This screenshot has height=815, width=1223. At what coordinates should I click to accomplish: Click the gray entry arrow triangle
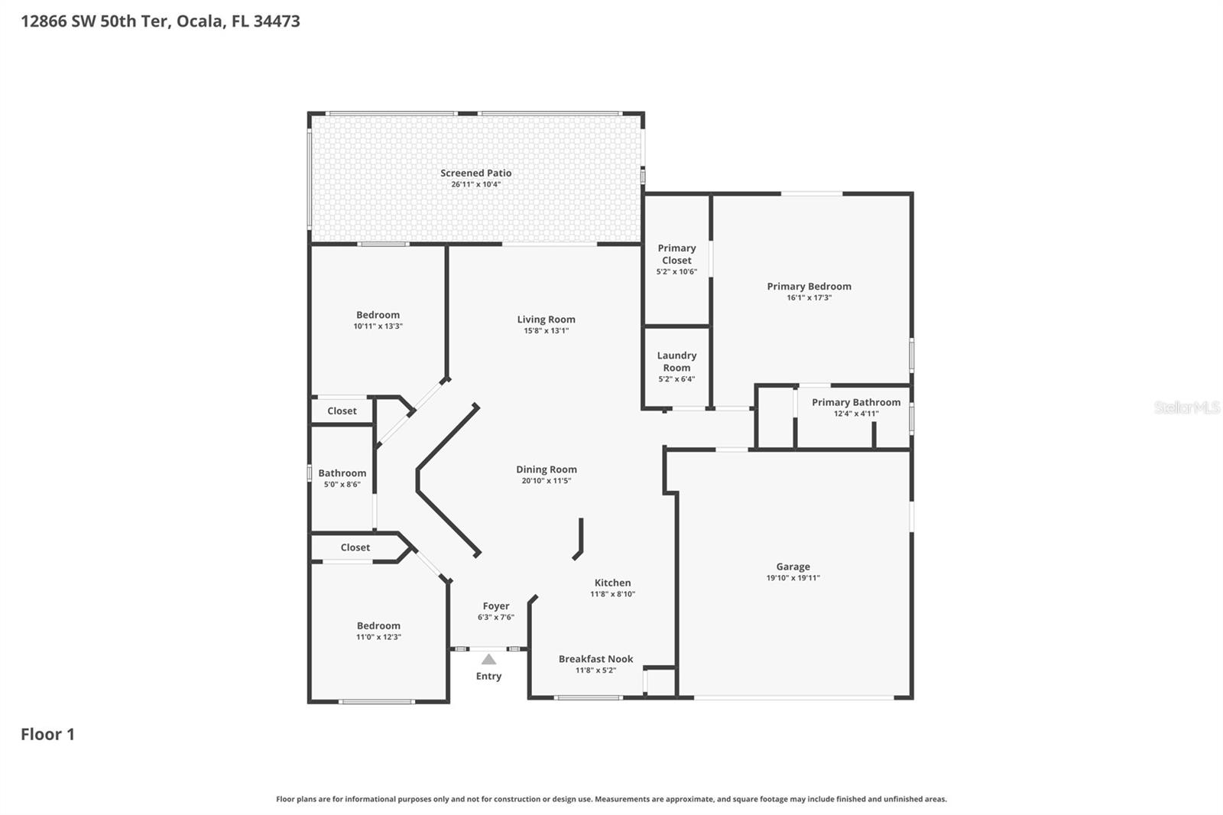[488, 659]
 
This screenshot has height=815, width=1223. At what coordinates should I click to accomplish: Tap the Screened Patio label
[475, 173]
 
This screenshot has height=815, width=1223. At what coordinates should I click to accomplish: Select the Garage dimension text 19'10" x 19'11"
[793, 578]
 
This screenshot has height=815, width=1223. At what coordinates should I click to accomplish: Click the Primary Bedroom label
[809, 286]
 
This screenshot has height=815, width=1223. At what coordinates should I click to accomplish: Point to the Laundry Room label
[676, 361]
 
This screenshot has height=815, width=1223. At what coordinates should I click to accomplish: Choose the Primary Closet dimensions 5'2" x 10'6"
[676, 271]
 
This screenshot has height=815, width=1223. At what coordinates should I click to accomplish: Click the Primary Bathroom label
[855, 402]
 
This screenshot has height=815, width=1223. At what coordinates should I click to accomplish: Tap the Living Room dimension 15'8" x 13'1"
[546, 331]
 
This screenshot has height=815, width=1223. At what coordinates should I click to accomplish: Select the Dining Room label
[546, 469]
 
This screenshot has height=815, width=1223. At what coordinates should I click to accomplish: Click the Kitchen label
[612, 583]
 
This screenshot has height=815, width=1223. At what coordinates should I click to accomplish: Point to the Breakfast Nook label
[595, 658]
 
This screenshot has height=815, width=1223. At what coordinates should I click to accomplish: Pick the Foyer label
[495, 606]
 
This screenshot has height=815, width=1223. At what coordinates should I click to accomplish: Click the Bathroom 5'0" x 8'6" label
[342, 473]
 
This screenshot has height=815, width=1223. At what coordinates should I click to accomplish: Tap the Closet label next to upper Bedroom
[342, 411]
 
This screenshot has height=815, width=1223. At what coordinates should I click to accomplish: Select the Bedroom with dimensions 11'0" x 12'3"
[378, 625]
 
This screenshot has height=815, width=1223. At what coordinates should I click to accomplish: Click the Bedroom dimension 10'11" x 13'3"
[378, 326]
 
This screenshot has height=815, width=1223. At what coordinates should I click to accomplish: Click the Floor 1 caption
[47, 734]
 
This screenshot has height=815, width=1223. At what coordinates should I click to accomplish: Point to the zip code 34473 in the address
[276, 21]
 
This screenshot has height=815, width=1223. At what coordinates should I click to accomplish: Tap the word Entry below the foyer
[488, 676]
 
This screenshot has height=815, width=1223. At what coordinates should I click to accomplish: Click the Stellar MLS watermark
[1186, 407]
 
